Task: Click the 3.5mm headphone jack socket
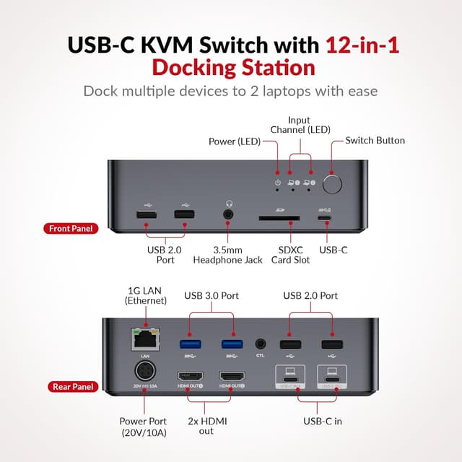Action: pyautogui.click(x=230, y=214)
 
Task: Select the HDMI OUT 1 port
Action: pyautogui.click(x=191, y=377)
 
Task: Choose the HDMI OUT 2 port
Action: pyautogui.click(x=232, y=377)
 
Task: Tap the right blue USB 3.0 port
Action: pyautogui.click(x=232, y=344)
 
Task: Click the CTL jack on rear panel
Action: pyautogui.click(x=261, y=344)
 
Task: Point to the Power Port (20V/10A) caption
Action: pyautogui.click(x=142, y=426)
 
